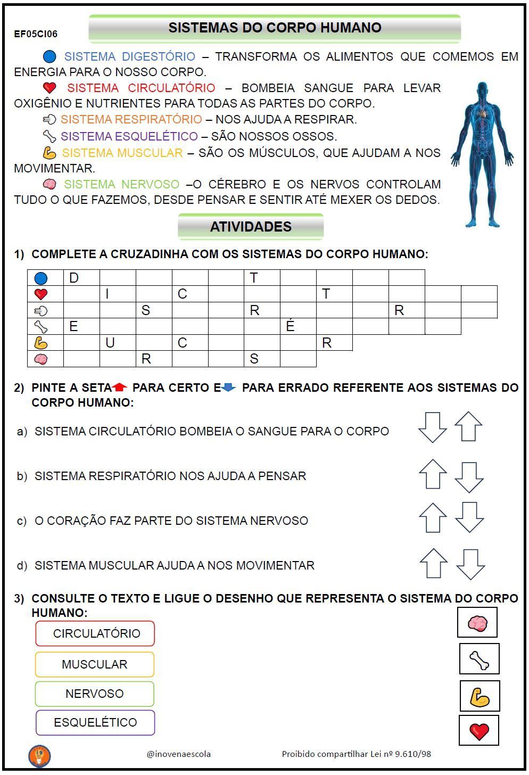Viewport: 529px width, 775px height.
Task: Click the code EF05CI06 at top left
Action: (x=36, y=34)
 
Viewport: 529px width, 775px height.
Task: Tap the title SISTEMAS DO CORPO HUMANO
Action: (x=275, y=28)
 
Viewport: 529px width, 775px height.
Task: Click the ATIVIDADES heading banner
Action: (x=251, y=227)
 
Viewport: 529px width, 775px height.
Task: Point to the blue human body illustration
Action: (x=482, y=154)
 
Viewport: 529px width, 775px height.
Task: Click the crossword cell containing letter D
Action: (x=81, y=277)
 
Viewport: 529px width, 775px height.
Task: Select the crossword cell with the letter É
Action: (x=298, y=326)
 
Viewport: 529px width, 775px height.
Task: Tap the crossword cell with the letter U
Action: (x=118, y=342)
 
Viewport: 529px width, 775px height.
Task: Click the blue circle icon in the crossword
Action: (x=41, y=277)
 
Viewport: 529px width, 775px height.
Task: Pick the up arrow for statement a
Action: (x=468, y=426)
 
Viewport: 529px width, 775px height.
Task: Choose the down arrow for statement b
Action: (x=469, y=477)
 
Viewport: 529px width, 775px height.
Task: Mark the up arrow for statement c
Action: (x=433, y=518)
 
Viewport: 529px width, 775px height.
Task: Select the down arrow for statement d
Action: (x=470, y=564)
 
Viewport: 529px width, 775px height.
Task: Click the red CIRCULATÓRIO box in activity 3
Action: (x=95, y=633)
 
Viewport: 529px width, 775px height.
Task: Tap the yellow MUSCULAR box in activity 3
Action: (x=95, y=664)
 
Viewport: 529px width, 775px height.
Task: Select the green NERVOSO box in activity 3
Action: (x=95, y=694)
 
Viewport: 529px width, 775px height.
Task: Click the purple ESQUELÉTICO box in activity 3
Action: (x=95, y=722)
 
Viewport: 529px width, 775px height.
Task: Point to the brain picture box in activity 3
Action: (x=477, y=623)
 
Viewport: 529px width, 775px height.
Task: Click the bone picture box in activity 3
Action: (x=480, y=659)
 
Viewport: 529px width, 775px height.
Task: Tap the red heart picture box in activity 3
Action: (x=479, y=730)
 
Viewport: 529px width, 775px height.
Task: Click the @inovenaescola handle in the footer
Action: (x=179, y=754)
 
